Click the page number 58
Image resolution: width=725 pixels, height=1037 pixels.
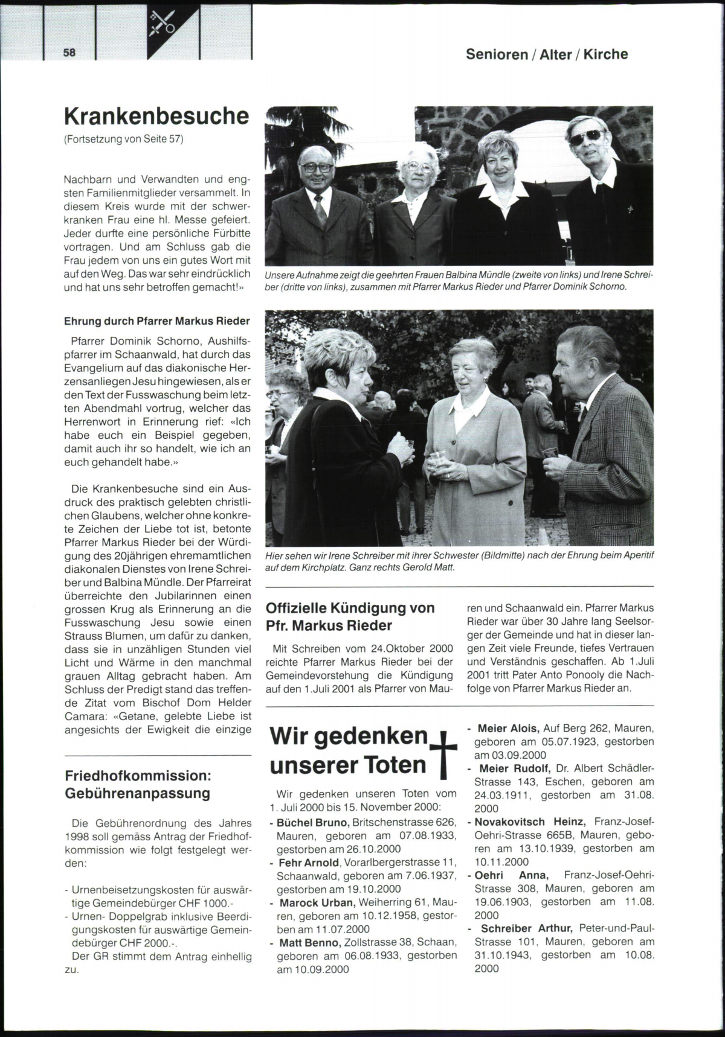(x=69, y=53)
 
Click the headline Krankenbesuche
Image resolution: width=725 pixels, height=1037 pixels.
(x=156, y=116)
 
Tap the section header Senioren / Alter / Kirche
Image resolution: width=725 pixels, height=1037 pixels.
(x=546, y=54)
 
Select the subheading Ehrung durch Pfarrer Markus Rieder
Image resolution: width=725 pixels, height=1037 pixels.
(x=157, y=321)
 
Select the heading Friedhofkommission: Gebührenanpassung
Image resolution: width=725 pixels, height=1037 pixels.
(x=138, y=783)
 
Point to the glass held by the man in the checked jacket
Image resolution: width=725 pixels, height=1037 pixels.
(x=550, y=453)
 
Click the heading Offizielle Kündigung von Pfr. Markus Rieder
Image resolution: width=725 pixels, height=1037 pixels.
(x=350, y=616)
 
